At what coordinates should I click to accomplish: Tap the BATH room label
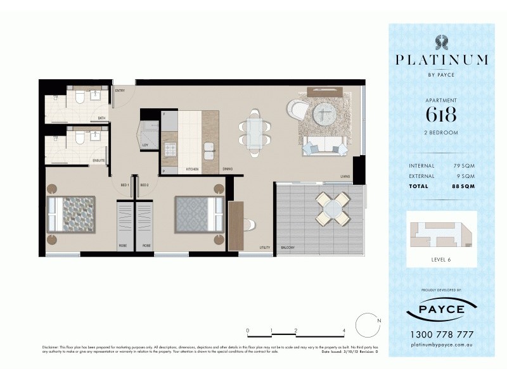101,118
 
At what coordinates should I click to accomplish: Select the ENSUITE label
99,161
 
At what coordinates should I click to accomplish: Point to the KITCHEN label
193,170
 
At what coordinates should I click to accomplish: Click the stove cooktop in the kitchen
170,151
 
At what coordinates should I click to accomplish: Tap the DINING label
228,170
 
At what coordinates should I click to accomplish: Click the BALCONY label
288,248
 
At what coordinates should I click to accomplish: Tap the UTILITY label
265,248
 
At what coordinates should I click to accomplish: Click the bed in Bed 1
72,213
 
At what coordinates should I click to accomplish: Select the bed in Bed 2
199,214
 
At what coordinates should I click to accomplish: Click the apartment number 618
442,115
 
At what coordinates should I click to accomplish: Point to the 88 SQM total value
463,186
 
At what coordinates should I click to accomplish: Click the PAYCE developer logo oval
442,310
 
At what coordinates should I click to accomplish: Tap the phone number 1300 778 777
442,334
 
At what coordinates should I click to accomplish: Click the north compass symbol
367,326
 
